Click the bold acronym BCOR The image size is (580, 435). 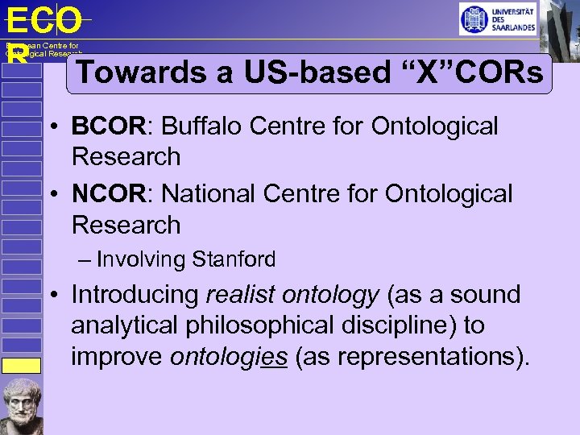tap(108, 126)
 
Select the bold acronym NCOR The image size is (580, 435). tap(108, 194)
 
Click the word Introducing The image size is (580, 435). tap(135, 295)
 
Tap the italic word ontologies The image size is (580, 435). tap(229, 356)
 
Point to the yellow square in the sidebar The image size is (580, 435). tap(21, 365)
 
